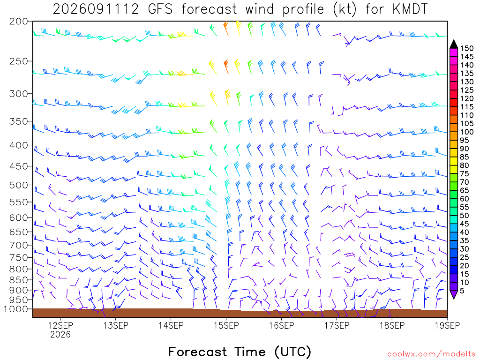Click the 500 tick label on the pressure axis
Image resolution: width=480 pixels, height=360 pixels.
pyautogui.click(x=18, y=185)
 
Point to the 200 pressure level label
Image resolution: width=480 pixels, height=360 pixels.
pyautogui.click(x=18, y=22)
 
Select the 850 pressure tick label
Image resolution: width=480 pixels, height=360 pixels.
pyautogui.click(x=18, y=280)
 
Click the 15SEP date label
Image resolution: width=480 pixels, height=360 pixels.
pyautogui.click(x=226, y=325)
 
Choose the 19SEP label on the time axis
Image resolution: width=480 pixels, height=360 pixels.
pyautogui.click(x=447, y=325)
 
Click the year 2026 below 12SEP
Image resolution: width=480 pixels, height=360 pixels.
pyautogui.click(x=60, y=335)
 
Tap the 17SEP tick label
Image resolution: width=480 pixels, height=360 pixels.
pyautogui.click(x=337, y=325)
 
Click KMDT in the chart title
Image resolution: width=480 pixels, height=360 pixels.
pyautogui.click(x=410, y=9)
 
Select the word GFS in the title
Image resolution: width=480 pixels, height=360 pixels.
pyautogui.click(x=160, y=9)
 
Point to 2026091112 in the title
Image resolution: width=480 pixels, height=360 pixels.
pyautogui.click(x=96, y=9)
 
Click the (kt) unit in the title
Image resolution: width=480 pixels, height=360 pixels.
pyautogui.click(x=345, y=9)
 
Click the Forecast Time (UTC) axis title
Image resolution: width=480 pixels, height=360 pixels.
pyautogui.click(x=240, y=352)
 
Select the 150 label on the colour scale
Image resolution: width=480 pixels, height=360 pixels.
pyautogui.click(x=467, y=48)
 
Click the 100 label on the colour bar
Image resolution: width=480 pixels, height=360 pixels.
pyautogui.click(x=467, y=132)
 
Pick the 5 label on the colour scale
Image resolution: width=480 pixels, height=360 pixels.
pyautogui.click(x=462, y=291)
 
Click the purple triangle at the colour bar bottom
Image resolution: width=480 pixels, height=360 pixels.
pyautogui.click(x=454, y=294)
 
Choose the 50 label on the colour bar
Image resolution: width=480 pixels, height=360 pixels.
pyautogui.click(x=465, y=216)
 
